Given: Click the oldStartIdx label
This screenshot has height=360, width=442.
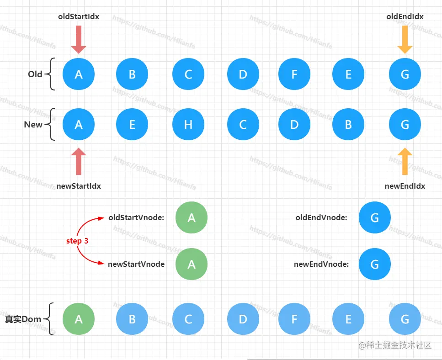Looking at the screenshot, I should click(79, 16).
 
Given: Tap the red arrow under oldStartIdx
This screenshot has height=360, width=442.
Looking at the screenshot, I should click(79, 39).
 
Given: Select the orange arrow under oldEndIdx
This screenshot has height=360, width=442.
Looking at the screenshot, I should click(405, 39).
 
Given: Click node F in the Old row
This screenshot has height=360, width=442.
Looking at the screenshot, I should click(294, 74).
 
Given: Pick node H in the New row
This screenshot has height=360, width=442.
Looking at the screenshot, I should click(188, 124).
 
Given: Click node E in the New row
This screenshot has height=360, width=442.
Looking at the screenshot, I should click(132, 124).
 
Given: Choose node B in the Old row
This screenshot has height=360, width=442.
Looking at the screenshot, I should click(132, 74).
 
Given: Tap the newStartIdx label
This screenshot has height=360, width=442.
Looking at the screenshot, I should click(79, 186).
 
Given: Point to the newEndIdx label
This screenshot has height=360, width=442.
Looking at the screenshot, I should click(405, 186).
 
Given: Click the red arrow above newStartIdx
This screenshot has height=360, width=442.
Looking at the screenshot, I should click(79, 161).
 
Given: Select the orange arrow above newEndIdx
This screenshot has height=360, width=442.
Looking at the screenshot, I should click(405, 161).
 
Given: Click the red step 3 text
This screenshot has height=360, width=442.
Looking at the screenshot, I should click(77, 241).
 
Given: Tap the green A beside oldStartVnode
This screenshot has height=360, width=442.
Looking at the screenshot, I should click(192, 218).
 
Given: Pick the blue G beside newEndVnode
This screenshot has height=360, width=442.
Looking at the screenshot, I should click(375, 264).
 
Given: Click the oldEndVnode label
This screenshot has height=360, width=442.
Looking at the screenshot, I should click(321, 218).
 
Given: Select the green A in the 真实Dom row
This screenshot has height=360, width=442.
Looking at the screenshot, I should click(79, 319).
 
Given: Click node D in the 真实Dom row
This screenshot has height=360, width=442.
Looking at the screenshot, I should click(243, 319).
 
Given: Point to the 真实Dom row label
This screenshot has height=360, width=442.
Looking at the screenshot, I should click(23, 319).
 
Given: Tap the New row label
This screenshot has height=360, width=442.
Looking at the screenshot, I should click(33, 124).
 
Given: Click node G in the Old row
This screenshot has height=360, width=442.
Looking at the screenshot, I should click(405, 74).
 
